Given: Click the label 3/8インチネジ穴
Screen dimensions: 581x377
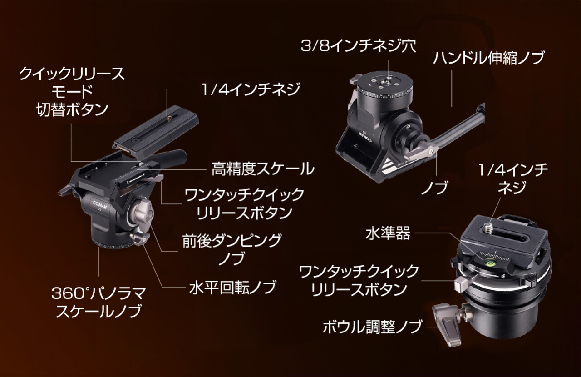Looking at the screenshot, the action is point(358,46).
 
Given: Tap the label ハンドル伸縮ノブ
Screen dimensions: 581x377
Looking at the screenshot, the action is point(488,58).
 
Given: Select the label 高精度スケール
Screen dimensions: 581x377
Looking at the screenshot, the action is point(262,169).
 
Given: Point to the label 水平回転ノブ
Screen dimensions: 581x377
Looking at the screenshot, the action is point(232,288).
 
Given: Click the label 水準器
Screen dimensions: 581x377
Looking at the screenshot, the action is point(388,233).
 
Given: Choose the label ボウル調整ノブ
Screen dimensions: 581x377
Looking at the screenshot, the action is point(372,327).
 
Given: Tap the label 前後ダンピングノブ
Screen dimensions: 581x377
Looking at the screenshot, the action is point(231,249).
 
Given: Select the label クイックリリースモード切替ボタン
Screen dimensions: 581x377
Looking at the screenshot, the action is point(72,91).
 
